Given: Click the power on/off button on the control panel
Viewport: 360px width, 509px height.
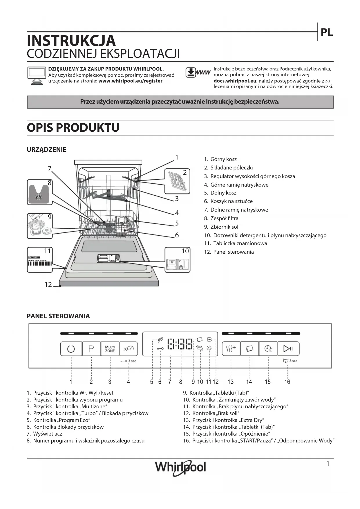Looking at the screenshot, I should coord(71,349).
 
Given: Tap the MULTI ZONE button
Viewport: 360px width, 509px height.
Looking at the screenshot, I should coord(110,349).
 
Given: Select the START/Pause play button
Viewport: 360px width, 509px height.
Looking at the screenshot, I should coord(288,349).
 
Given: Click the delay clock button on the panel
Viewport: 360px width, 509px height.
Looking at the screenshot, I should coord(268,349).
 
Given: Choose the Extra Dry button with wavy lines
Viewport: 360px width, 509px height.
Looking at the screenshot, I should coord(231,349).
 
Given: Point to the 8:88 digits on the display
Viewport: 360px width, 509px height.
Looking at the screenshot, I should coord(181,344).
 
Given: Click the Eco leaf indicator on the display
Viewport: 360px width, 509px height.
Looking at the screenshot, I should coord(160,340).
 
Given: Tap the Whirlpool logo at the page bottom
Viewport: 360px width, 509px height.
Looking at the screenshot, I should coord(180,467).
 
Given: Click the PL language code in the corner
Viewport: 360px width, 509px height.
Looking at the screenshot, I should coord(326,33).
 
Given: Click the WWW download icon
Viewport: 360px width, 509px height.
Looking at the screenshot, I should coord(198,73).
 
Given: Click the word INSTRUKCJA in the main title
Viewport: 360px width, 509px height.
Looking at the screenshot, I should coord(71,41).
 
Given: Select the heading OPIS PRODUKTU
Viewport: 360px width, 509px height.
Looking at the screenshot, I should coord(73,128).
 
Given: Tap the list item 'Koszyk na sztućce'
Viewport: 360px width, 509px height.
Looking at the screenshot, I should coord(231,201).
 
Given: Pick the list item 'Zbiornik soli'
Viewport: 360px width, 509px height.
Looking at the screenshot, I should coord(225,227).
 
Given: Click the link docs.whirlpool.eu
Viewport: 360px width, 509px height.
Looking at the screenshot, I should coord(235,81).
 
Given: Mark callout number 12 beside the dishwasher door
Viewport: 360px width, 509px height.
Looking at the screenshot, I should coord(48,285).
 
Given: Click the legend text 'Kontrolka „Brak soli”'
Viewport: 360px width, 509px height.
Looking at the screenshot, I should coord(216,413).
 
